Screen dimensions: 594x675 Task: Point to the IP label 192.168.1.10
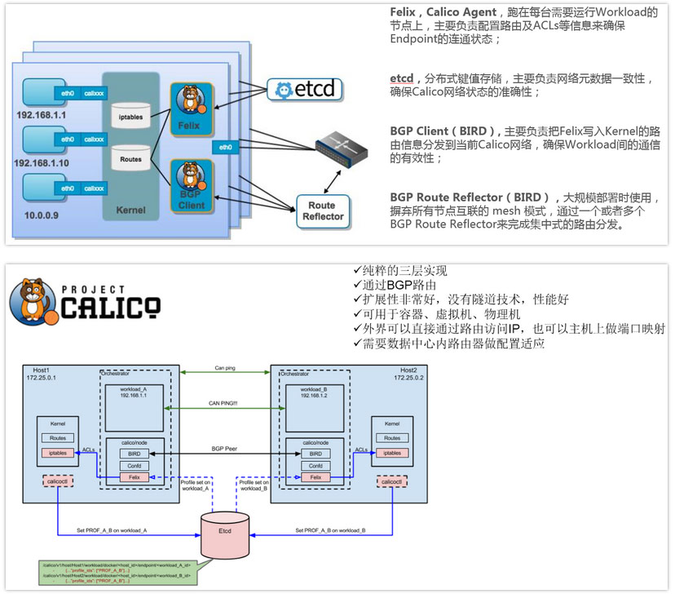(42, 164)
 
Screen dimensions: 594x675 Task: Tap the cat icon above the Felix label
(189, 98)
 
